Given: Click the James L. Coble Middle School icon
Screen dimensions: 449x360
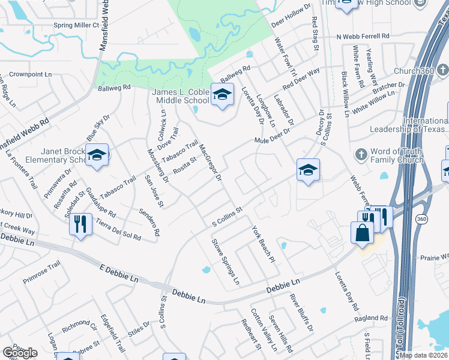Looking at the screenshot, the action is pyautogui.click(x=222, y=95).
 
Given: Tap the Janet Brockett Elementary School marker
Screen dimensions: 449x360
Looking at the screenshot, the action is pyautogui.click(x=96, y=156).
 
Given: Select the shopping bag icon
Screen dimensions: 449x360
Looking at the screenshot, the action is pyautogui.click(x=363, y=233).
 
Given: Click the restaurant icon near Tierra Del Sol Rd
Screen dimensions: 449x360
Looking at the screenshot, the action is pyautogui.click(x=79, y=224).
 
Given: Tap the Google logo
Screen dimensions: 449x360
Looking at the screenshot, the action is pyautogui.click(x=19, y=353).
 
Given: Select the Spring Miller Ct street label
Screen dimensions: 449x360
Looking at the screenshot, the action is pyautogui.click(x=76, y=25).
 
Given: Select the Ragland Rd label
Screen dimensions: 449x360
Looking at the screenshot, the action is pyautogui.click(x=370, y=318).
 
